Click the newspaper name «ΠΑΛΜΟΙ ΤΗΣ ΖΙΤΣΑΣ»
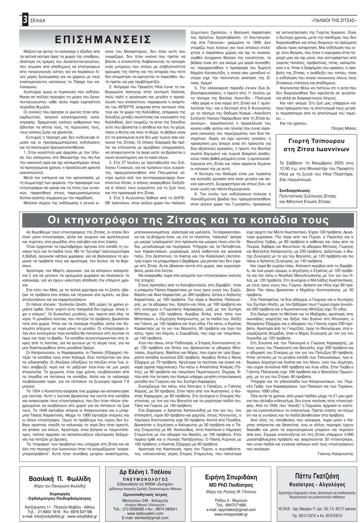333,20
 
